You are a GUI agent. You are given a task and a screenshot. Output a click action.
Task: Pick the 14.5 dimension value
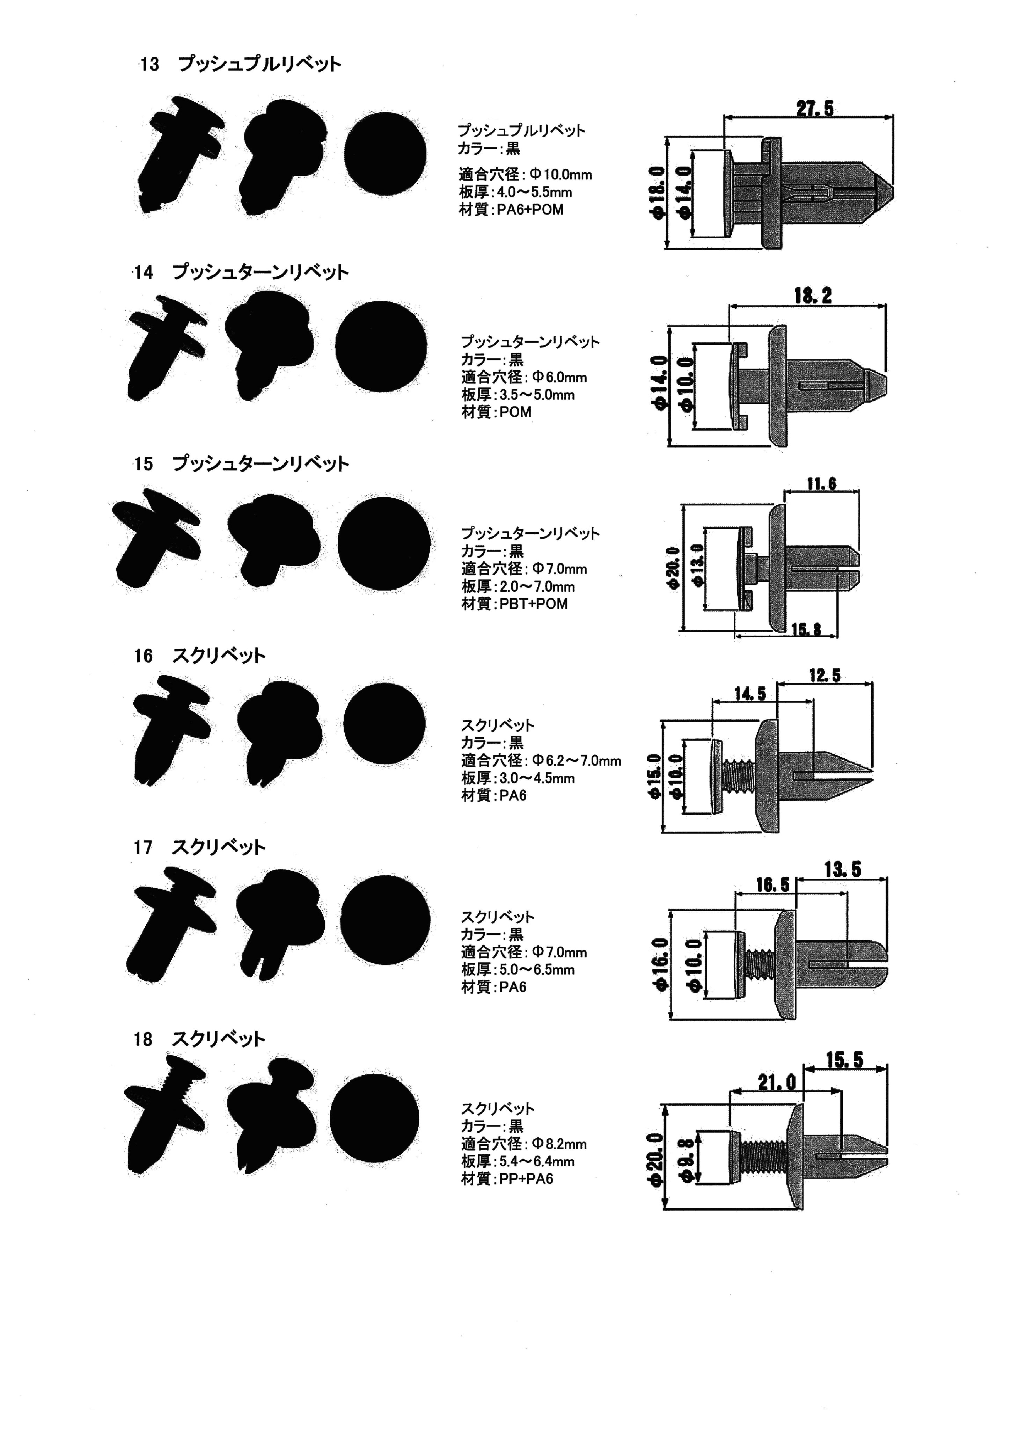(x=749, y=693)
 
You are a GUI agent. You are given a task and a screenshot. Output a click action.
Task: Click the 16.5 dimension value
(x=772, y=884)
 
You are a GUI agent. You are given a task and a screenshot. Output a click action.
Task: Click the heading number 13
(x=149, y=65)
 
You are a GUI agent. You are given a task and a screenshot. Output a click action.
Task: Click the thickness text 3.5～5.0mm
(x=537, y=395)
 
